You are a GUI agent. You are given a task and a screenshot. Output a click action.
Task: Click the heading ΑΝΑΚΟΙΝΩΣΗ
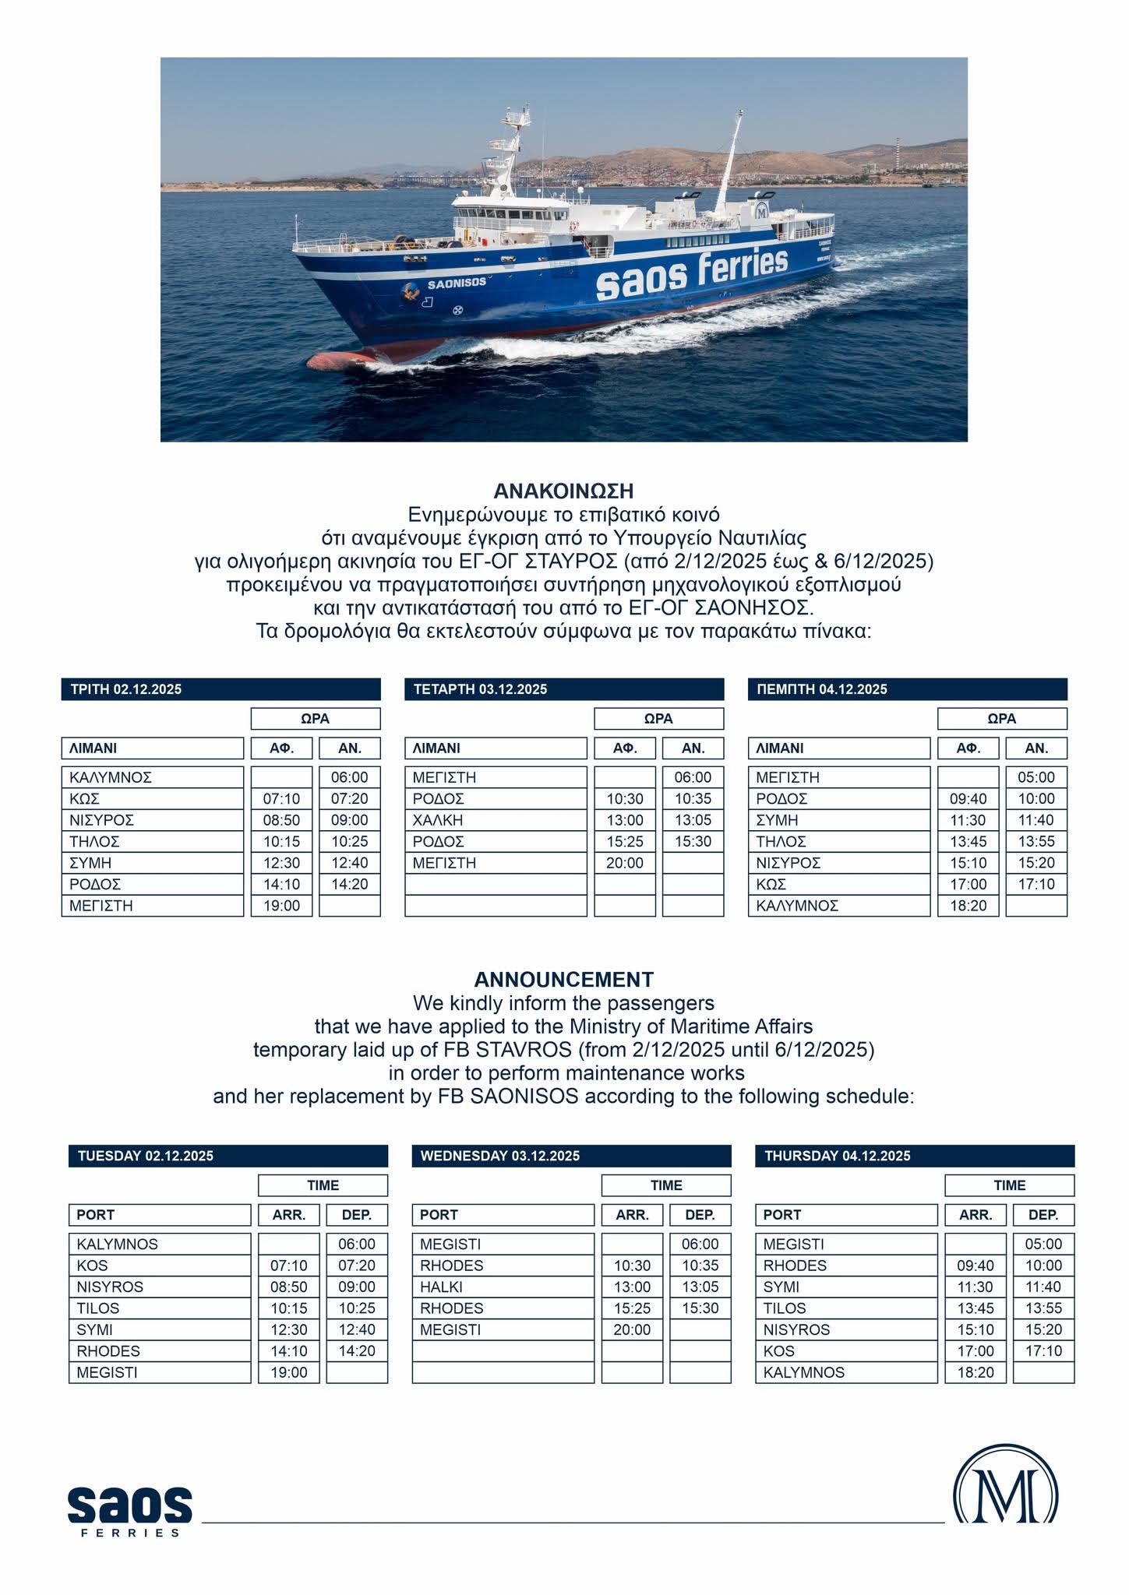tap(563, 491)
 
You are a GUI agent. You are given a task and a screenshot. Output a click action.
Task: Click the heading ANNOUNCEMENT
tap(563, 979)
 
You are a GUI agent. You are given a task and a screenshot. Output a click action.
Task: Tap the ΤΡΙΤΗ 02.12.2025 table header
tap(221, 689)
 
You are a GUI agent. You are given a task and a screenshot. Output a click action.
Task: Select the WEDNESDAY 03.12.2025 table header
tap(571, 1156)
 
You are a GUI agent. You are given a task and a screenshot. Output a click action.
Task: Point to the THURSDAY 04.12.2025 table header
tap(914, 1156)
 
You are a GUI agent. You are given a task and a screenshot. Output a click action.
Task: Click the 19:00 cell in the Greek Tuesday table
tap(281, 906)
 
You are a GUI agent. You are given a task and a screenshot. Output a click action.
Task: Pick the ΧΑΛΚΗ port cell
tap(496, 820)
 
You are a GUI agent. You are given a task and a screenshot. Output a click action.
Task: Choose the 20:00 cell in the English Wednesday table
tap(632, 1329)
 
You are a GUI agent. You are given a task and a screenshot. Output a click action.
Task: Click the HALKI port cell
tap(503, 1287)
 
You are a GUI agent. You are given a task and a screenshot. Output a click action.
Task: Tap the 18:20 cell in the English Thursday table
tap(976, 1372)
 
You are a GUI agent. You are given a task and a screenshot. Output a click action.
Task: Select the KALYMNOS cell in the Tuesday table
tap(159, 1244)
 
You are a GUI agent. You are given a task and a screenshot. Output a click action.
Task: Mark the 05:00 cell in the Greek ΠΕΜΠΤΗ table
tap(1036, 777)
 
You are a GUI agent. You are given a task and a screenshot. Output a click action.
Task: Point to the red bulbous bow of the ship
tap(335, 361)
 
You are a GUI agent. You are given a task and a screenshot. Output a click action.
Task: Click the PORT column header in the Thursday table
tap(845, 1215)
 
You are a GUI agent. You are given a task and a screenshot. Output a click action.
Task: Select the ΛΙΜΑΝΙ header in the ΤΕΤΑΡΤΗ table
tap(496, 748)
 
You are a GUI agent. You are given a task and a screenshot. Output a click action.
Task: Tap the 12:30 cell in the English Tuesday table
tap(289, 1329)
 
